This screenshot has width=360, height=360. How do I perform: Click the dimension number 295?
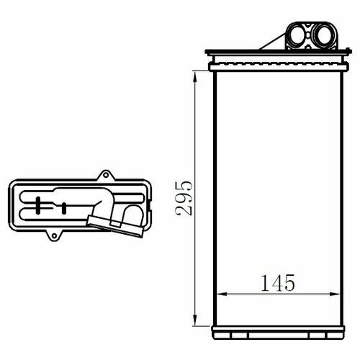184,198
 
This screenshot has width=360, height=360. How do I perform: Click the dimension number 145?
278,283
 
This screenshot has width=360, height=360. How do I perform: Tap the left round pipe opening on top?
297,35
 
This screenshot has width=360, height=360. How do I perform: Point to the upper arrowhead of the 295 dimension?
195,76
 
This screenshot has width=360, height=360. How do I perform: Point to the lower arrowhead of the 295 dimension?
195,320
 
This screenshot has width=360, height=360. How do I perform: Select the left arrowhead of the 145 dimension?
222,294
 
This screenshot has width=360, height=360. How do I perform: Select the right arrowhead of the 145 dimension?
335,294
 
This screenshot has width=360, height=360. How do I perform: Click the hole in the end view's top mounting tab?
106,175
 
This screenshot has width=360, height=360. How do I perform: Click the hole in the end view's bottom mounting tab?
54,236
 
